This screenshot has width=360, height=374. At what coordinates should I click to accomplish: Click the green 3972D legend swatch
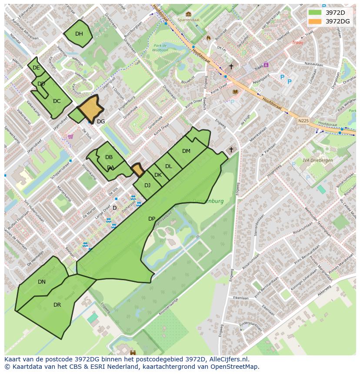[x=315, y=12]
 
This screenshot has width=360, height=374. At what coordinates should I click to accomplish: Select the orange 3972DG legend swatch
[x=315, y=21]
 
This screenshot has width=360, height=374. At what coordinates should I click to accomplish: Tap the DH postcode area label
[x=79, y=34]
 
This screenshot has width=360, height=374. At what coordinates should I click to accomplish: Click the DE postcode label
[x=36, y=68]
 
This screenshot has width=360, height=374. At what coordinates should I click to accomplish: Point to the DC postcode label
[x=57, y=101]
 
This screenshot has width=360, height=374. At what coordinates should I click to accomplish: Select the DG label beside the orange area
[x=101, y=122]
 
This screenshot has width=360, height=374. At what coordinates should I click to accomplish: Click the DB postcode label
[x=109, y=157]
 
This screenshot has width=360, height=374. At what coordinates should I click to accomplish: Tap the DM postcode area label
[x=186, y=151]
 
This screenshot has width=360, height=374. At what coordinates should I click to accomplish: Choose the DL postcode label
[x=168, y=166]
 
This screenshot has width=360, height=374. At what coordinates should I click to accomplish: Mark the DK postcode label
[x=158, y=175]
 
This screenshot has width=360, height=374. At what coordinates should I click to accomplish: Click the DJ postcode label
[x=147, y=185]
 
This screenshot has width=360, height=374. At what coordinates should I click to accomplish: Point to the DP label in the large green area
[x=152, y=219]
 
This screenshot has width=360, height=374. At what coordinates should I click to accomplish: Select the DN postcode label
[x=42, y=282]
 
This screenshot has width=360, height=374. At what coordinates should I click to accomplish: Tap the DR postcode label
[x=57, y=305]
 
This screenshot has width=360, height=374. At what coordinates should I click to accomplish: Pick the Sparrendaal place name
[x=188, y=20]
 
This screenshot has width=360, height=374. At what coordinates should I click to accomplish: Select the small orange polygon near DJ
[x=138, y=169]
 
